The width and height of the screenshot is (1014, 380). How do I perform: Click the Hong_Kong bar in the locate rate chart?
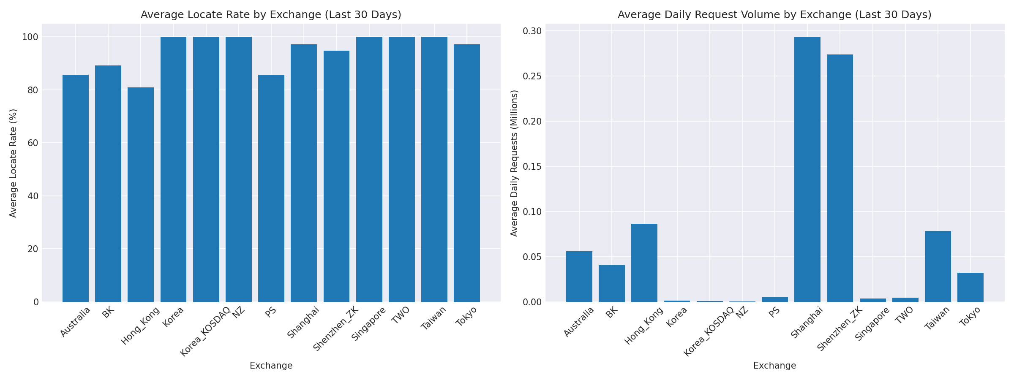[141, 194]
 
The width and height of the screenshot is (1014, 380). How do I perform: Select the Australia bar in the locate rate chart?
[76, 188]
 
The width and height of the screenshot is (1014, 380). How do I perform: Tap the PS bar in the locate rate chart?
[271, 188]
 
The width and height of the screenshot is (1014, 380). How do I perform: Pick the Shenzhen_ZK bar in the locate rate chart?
[336, 176]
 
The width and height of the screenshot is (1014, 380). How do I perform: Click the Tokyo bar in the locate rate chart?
[467, 173]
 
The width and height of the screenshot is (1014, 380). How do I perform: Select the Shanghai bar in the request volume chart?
[807, 169]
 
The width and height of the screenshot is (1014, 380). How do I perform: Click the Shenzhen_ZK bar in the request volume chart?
[840, 178]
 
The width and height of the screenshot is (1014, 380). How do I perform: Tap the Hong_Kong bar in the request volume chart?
[644, 263]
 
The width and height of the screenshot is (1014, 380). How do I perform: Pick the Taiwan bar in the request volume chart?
[938, 266]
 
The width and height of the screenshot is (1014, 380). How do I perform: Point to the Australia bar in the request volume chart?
[579, 276]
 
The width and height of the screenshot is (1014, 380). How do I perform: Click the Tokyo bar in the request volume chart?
[970, 287]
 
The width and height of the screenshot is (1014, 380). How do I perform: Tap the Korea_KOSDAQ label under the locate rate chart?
[206, 331]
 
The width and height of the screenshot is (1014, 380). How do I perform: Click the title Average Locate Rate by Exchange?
[271, 15]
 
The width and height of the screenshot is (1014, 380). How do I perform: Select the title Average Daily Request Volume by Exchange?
[774, 15]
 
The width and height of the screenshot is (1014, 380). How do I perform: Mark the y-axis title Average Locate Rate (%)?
[13, 163]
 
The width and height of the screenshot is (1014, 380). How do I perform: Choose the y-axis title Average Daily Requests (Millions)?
[514, 163]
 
